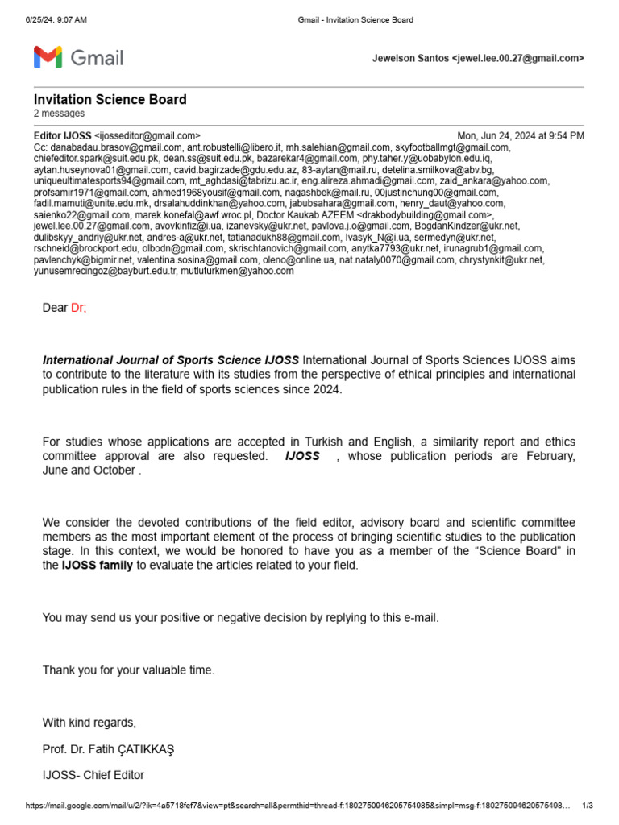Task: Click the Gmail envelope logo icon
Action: (x=48, y=57)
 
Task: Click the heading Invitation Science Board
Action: (x=110, y=99)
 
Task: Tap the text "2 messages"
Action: (x=59, y=114)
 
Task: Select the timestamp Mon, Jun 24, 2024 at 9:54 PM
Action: (x=521, y=136)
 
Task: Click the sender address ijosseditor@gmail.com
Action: (x=147, y=136)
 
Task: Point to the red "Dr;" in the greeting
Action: (x=78, y=308)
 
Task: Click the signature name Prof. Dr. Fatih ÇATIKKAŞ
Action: (x=108, y=749)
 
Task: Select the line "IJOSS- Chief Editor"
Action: (x=93, y=776)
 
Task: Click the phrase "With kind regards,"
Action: (x=89, y=722)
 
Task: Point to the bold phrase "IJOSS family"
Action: (x=98, y=566)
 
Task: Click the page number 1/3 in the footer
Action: (x=587, y=806)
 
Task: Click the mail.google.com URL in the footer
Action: (x=298, y=806)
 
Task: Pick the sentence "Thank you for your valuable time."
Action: (x=129, y=670)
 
